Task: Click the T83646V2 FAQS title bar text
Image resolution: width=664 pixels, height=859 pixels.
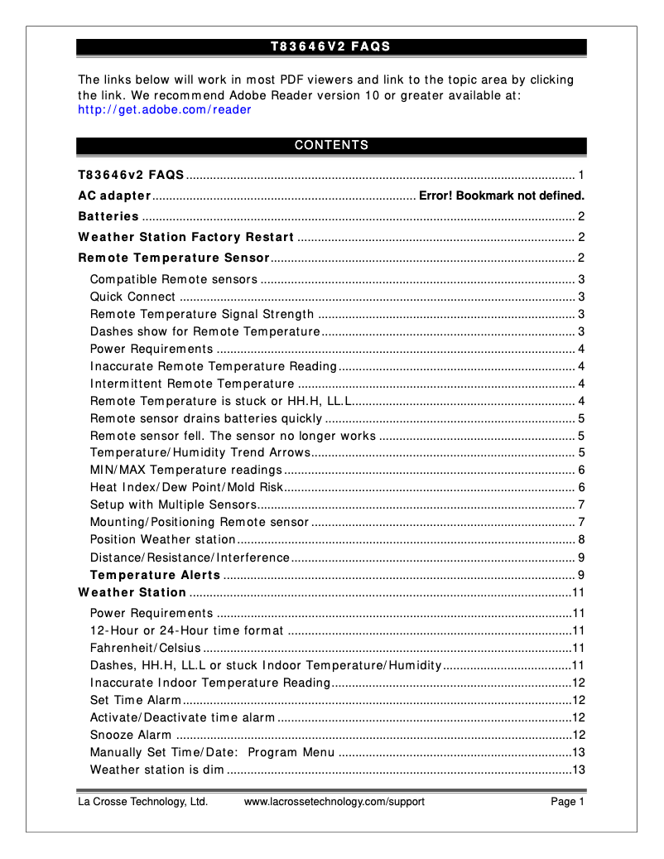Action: click(330, 46)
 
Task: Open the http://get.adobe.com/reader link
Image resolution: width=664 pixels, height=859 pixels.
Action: click(164, 109)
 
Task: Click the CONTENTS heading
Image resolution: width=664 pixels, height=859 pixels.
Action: click(331, 146)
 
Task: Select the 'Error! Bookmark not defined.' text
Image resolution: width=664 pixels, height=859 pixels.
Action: click(502, 196)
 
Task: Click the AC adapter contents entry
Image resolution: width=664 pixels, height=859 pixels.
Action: click(114, 196)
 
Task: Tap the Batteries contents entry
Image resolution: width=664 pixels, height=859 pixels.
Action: click(108, 217)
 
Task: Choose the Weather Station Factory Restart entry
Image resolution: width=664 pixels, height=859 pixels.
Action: click(186, 238)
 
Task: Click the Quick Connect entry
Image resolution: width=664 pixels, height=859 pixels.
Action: click(132, 297)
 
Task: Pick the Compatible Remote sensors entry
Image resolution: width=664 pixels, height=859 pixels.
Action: click(174, 279)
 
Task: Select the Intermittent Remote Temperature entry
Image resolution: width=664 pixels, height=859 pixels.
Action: click(192, 384)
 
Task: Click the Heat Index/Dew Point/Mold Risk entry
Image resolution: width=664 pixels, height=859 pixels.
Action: click(186, 487)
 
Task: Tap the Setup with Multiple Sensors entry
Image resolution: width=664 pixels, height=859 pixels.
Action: click(173, 504)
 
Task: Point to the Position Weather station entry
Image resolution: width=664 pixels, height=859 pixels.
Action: click(152, 539)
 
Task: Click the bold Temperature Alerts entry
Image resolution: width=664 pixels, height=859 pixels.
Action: click(155, 575)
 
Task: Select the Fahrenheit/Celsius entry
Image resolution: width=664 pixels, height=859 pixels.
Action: click(145, 648)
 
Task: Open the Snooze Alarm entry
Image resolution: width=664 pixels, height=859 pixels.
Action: click(131, 735)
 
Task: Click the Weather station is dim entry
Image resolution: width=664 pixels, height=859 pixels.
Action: click(156, 770)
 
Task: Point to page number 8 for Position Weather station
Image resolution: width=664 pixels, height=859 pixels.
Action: click(582, 539)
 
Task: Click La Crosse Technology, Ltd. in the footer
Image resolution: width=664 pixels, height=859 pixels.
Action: click(142, 802)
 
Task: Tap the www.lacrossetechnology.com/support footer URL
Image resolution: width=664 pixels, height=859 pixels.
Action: click(334, 802)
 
